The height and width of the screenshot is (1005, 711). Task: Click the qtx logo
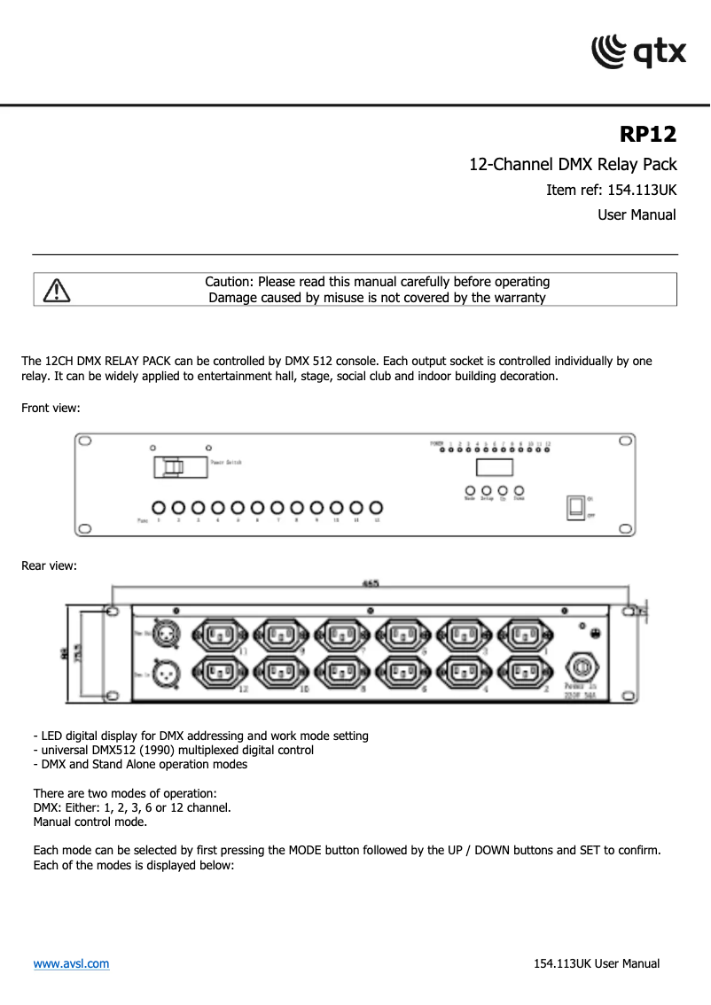click(x=638, y=51)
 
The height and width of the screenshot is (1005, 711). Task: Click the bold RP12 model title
click(x=647, y=135)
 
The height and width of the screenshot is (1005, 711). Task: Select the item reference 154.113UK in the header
click(x=611, y=190)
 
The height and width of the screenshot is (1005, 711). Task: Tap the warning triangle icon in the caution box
click(x=56, y=290)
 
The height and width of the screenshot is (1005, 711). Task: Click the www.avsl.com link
click(x=71, y=963)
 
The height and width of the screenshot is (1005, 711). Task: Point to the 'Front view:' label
click(x=51, y=408)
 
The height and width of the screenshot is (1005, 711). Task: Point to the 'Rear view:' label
click(x=49, y=565)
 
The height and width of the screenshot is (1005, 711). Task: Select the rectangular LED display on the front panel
click(x=494, y=467)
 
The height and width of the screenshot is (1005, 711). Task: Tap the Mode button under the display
click(x=470, y=489)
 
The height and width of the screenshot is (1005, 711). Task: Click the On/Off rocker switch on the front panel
click(x=576, y=506)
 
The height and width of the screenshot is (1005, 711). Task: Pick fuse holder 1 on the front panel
click(x=159, y=508)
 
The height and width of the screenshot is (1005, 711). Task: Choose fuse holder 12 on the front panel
click(x=376, y=508)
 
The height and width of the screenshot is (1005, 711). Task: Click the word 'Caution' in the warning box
click(x=229, y=282)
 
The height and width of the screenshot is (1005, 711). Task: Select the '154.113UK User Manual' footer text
click(x=597, y=963)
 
